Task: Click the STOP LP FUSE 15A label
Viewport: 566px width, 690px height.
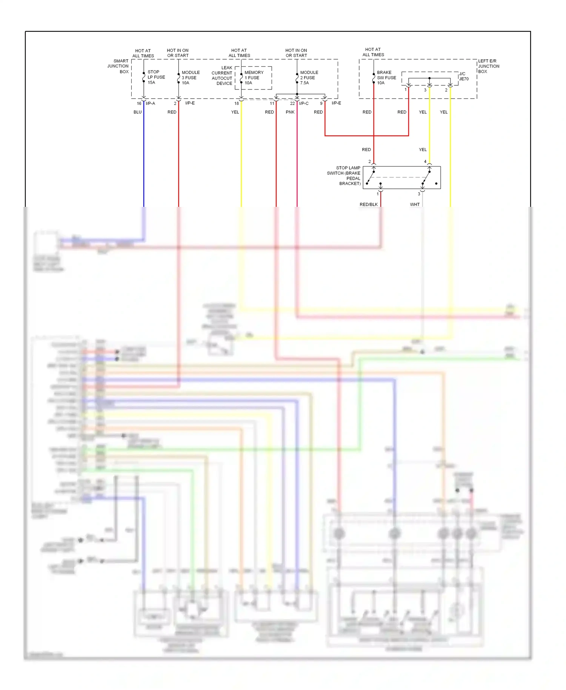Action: [x=156, y=77]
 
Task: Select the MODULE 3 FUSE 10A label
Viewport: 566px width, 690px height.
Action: [x=191, y=77]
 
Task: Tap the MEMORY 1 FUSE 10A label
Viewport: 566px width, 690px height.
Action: [x=254, y=77]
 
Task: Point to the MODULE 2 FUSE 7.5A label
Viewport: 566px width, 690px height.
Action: [x=309, y=77]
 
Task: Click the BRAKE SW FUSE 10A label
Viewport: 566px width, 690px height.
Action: [x=386, y=77]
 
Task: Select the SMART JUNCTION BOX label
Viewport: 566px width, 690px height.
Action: [x=118, y=66]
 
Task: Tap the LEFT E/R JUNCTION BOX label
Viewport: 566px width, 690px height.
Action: [x=488, y=66]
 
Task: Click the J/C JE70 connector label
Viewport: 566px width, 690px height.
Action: [x=463, y=76]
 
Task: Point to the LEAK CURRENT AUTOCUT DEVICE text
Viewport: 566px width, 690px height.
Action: [x=222, y=75]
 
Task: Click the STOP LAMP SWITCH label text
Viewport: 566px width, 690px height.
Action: [x=344, y=176]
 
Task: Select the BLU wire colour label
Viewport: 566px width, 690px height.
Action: [x=137, y=112]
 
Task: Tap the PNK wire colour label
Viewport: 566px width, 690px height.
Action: [x=290, y=112]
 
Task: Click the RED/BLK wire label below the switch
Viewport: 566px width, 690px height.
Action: [x=368, y=204]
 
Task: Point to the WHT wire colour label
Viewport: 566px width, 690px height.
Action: [x=415, y=204]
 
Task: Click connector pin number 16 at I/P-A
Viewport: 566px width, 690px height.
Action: [x=139, y=103]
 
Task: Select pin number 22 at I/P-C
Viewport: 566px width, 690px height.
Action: [x=292, y=103]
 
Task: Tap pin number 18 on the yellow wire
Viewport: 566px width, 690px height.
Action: [x=237, y=103]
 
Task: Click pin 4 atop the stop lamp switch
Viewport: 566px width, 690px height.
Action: [x=425, y=162]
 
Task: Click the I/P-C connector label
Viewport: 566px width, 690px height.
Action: [x=304, y=103]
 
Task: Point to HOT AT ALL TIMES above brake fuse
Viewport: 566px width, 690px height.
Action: [x=373, y=52]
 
